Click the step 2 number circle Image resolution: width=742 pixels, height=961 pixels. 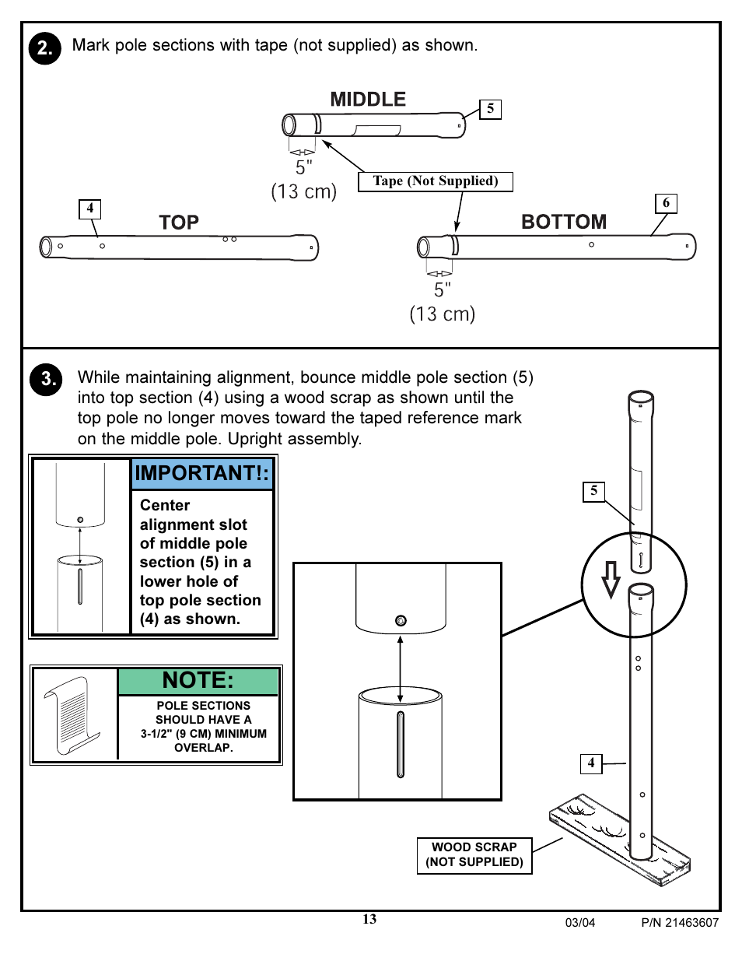[45, 48]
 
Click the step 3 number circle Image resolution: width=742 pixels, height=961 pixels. [46, 380]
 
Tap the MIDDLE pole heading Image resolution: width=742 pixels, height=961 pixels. [368, 100]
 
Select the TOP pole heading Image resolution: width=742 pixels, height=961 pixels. [179, 223]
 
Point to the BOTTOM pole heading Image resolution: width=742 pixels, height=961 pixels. [564, 222]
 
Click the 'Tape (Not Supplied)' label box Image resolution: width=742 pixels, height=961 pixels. [436, 181]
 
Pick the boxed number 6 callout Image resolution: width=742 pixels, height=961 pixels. [666, 203]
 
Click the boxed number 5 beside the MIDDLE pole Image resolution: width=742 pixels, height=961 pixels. [490, 109]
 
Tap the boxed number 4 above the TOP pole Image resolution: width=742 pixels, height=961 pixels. [90, 209]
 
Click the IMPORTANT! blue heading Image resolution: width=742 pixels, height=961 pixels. [202, 473]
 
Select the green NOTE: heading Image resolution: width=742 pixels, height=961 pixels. [198, 681]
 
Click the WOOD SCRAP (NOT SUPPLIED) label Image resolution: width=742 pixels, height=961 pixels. [474, 855]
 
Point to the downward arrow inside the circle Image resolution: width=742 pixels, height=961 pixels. [611, 579]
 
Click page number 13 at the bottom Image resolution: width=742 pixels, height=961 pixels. [369, 920]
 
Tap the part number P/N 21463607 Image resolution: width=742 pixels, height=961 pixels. [680, 923]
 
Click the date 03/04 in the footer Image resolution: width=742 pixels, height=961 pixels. [580, 923]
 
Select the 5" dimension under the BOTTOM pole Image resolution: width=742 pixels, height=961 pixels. [442, 290]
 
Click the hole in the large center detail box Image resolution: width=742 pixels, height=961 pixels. [401, 620]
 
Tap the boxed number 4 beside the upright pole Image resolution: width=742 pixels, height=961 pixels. [591, 763]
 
